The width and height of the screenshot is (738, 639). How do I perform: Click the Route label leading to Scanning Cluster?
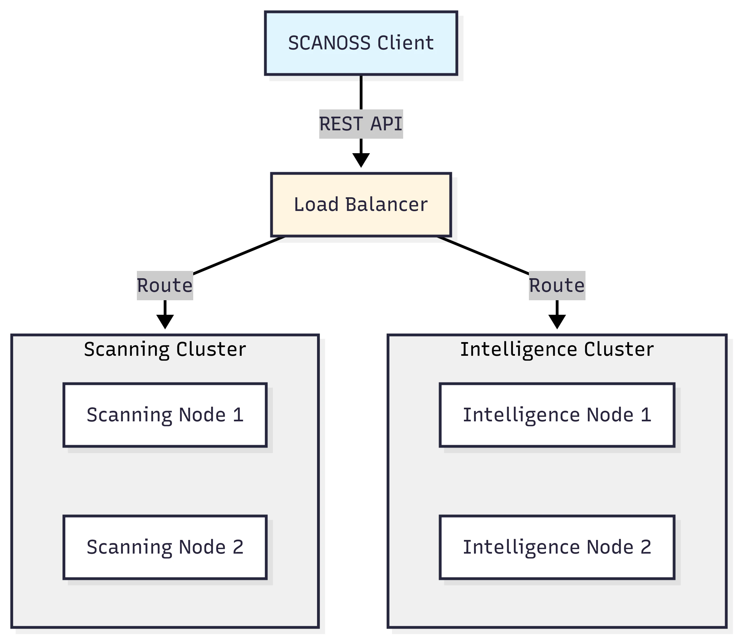coord(164,285)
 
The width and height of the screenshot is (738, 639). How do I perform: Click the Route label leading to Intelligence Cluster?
coord(556,285)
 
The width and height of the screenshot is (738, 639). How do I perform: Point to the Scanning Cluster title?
coord(164,349)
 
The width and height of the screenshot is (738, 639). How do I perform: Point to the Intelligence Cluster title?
coord(556,349)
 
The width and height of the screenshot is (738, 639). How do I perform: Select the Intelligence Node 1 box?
coord(556,415)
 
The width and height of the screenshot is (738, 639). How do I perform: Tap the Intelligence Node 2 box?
coord(556,547)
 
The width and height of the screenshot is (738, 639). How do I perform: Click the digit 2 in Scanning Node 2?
coord(238,547)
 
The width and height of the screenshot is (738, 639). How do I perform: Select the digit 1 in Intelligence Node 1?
coord(646,415)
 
